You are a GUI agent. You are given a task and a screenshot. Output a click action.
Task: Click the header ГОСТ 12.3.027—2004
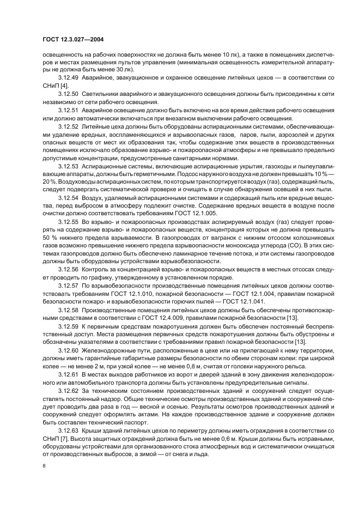73,39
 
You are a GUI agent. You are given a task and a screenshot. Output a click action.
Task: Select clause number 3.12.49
69,77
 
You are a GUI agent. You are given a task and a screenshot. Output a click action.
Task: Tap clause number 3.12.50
69,94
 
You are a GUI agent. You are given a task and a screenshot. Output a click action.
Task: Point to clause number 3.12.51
69,111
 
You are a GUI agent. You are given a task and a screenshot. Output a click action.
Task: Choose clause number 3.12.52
69,127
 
